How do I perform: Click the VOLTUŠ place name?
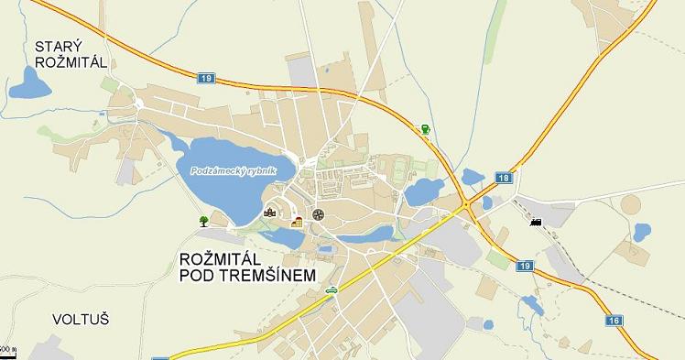point(81,320)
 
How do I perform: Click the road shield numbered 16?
point(613,321)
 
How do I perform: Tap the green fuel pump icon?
point(425,130)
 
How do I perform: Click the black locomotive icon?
point(535,221)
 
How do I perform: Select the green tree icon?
point(203,221)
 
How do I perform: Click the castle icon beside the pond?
point(269,213)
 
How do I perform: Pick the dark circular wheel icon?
point(318,214)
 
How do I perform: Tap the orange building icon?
point(297,221)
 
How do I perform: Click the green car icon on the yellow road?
point(331,290)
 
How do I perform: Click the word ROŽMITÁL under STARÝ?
point(70,62)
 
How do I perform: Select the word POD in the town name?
point(201,276)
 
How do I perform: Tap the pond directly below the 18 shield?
point(473,177)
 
